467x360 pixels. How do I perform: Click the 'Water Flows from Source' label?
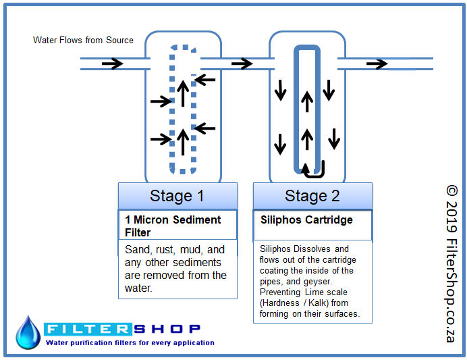pos(83,41)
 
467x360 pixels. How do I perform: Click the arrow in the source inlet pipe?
pos(112,63)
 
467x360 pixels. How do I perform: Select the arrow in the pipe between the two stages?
pos(242,63)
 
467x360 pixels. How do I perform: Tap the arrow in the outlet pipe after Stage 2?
pos(377,63)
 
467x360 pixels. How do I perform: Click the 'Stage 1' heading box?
pos(177,196)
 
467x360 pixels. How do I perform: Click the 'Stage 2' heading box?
pos(312,196)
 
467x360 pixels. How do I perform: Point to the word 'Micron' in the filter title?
pos(151,220)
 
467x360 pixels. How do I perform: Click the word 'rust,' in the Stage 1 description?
pos(165,250)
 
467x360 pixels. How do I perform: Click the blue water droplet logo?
pos(28,332)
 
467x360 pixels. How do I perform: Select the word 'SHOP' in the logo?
pos(167,330)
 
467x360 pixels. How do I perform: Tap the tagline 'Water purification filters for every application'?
pos(130,343)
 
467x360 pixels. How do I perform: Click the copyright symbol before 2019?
pos(451,191)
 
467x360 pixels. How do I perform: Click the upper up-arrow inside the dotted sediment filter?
pos(183,94)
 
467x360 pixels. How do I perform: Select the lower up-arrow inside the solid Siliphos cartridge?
pos(307,139)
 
